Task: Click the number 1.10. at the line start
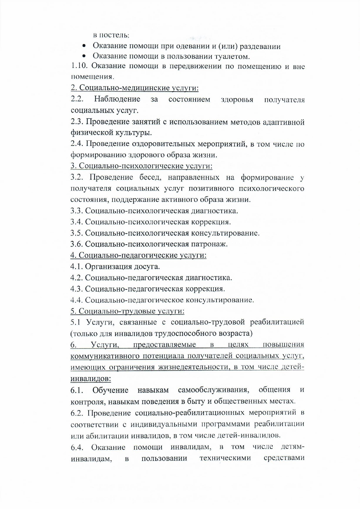[x=79, y=66]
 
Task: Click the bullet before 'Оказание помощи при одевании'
[x=84, y=46]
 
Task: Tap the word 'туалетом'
[x=231, y=56]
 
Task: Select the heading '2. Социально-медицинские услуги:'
[x=135, y=88]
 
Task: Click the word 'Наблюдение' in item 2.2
[x=117, y=99]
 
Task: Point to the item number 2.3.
[x=77, y=122]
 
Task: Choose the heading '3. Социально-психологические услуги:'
[x=141, y=166]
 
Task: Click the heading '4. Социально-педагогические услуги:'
[x=138, y=256]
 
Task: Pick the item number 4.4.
[x=77, y=300]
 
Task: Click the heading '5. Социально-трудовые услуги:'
[x=128, y=311]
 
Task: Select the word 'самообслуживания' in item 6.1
[x=214, y=390]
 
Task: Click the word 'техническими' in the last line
[x=225, y=458]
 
